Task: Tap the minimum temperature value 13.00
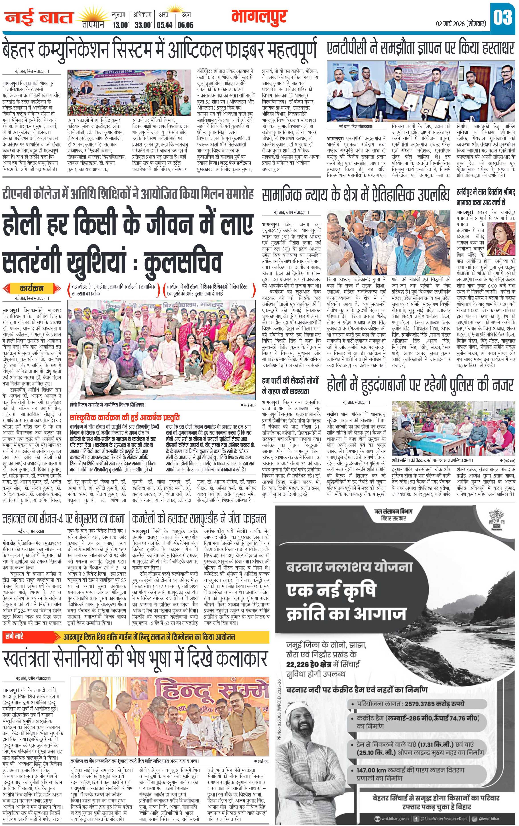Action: (x=121, y=25)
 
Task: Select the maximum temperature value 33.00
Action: (x=142, y=25)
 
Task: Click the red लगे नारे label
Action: (x=14, y=627)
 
